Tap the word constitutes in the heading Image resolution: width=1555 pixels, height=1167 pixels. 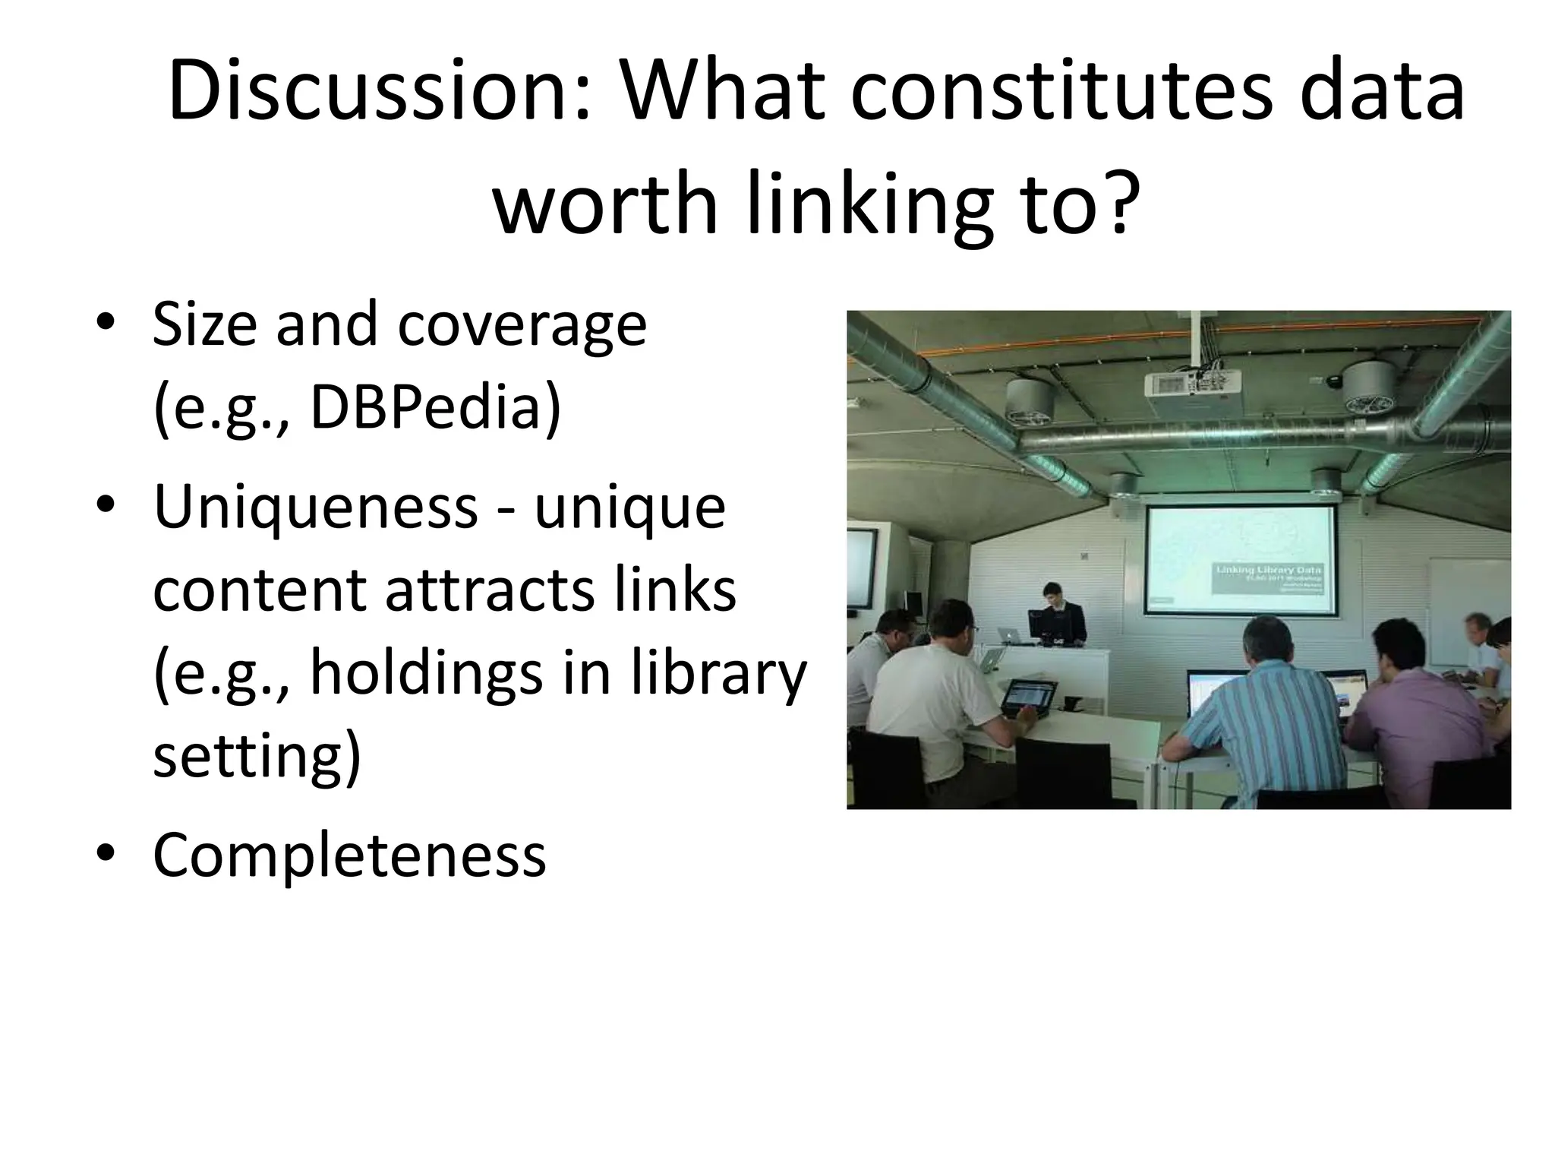[x=1059, y=93]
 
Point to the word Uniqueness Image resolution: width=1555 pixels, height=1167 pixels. [x=315, y=507]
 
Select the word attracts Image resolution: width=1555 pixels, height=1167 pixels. [x=490, y=590]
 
